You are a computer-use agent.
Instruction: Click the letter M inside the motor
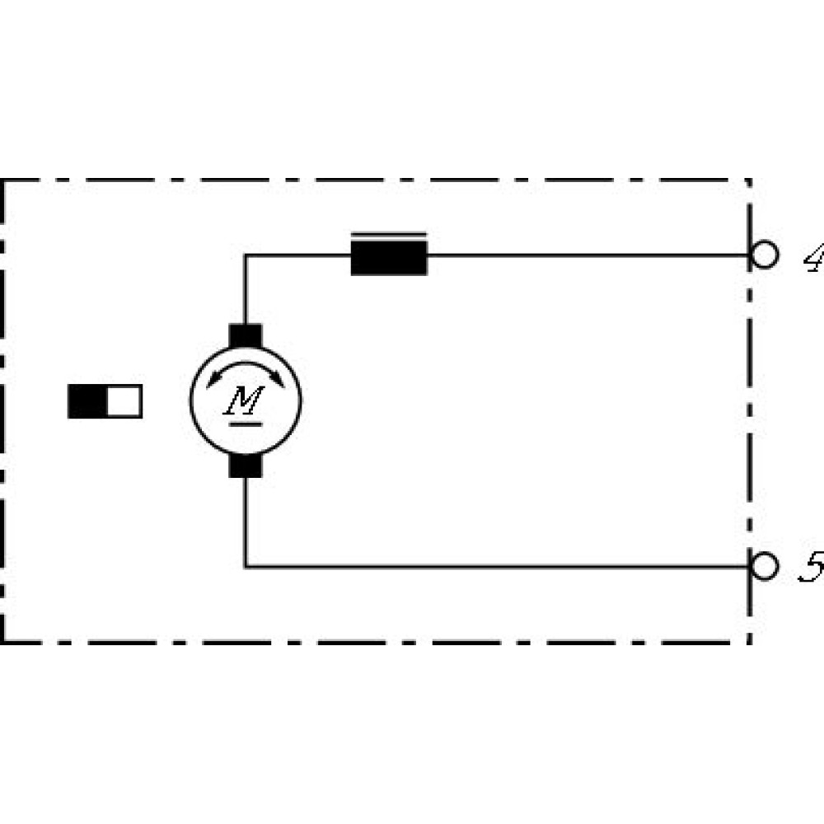(x=245, y=400)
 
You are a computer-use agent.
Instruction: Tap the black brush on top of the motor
(x=245, y=336)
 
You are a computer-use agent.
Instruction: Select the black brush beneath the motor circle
(x=245, y=467)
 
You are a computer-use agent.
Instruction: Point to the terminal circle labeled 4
(x=764, y=255)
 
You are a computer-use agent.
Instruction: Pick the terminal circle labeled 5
(x=765, y=566)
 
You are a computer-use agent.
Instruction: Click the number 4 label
(x=812, y=260)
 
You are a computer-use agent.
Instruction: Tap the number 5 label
(x=812, y=569)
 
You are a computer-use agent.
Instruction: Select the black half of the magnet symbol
(x=87, y=401)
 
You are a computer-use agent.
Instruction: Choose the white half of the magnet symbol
(x=124, y=401)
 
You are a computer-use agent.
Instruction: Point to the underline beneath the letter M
(x=245, y=424)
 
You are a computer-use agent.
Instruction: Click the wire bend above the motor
(x=246, y=256)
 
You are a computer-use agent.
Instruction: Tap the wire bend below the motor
(x=246, y=566)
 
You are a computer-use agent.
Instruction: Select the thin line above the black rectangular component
(x=389, y=235)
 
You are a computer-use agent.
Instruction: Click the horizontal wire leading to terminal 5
(x=494, y=566)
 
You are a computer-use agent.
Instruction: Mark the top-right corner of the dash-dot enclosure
(x=749, y=180)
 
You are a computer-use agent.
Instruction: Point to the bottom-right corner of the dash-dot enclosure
(x=749, y=641)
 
